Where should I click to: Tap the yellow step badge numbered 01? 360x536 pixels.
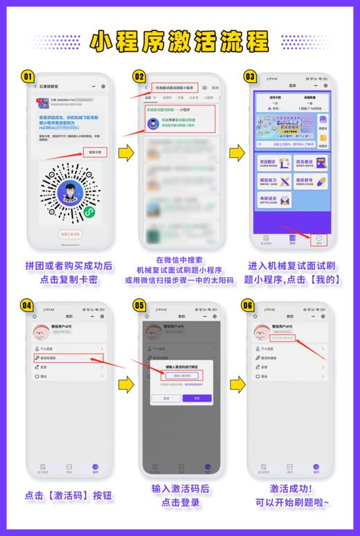28,76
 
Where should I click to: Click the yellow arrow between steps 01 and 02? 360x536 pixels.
126,152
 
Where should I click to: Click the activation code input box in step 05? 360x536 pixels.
182,375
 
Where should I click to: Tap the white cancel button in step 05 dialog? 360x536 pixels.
166,398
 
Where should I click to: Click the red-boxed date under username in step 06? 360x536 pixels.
285,339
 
